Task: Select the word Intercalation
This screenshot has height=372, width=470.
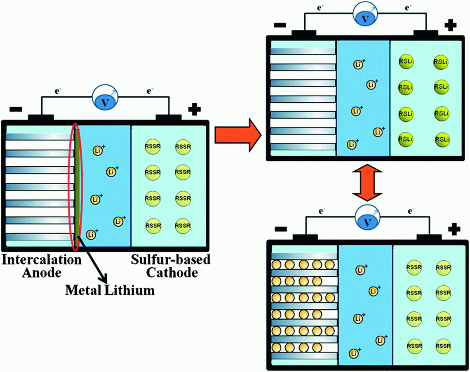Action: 41,260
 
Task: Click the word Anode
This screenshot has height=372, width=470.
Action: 41,273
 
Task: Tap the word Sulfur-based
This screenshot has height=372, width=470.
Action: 171,260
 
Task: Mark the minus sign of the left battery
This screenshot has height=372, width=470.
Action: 16,110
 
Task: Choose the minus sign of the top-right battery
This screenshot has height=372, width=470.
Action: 279,25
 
